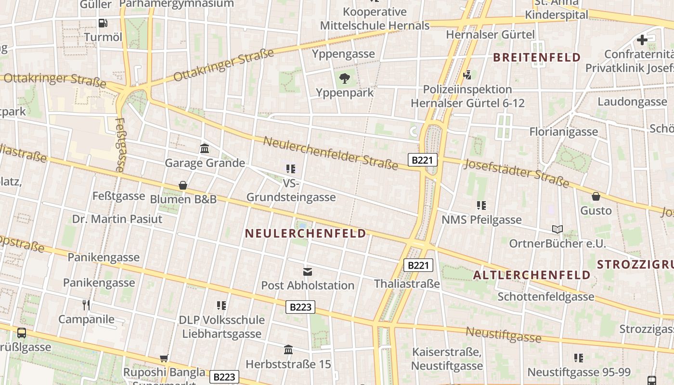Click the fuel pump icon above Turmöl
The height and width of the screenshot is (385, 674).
coord(103,23)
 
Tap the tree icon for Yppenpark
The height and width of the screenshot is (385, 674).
coord(345,78)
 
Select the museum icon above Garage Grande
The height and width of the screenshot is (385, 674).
coord(205,148)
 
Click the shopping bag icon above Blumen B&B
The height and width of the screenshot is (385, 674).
coord(183,185)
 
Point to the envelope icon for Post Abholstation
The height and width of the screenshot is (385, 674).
coord(307,272)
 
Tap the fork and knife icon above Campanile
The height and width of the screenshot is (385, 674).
coord(86,305)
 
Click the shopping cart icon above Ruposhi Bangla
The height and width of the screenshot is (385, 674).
coord(164,358)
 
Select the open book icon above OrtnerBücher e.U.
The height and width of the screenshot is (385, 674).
coord(557,230)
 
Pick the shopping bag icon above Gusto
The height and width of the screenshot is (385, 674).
coord(596,196)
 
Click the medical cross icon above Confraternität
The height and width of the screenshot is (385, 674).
coord(642,40)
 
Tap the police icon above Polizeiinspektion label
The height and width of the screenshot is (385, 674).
coord(467,75)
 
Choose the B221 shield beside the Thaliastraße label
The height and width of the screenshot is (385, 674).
coord(418,265)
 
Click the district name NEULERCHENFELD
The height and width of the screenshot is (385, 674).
coord(306,233)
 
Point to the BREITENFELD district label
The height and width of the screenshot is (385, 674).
coord(537,58)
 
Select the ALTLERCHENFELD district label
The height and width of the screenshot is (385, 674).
coord(531,275)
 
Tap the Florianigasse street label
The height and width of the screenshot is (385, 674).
coord(563,131)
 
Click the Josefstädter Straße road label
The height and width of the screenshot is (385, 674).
coord(516,173)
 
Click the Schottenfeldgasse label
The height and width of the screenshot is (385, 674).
coord(546,296)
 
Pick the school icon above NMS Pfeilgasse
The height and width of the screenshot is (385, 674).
coord(481,205)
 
